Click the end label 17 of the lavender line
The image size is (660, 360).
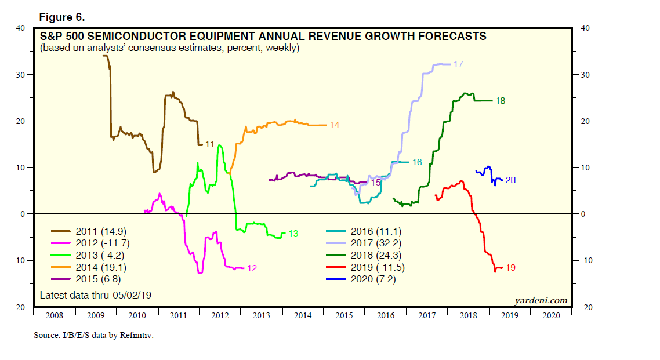click(458, 64)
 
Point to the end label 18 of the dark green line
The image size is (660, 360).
click(500, 101)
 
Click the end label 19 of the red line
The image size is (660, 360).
click(510, 268)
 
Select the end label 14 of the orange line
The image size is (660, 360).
click(334, 125)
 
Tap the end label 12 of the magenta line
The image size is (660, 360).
click(252, 268)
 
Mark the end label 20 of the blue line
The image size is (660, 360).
click(510, 180)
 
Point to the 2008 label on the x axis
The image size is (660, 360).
click(54, 316)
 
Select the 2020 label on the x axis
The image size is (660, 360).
click(550, 316)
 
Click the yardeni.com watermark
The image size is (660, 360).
click(541, 300)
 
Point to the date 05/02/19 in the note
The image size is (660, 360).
click(135, 295)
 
